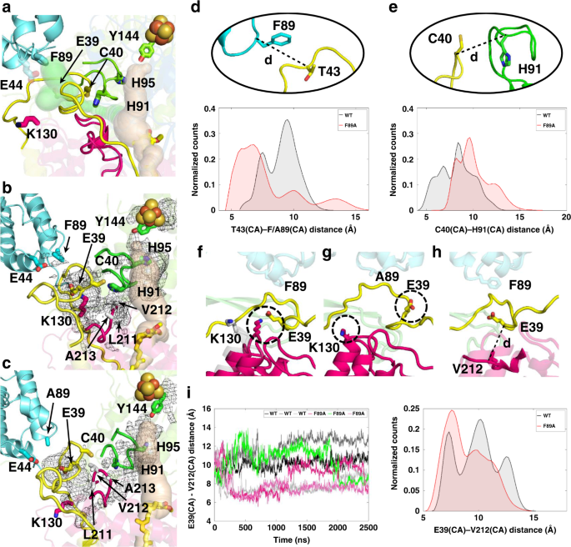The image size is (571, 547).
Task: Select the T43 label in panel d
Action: pyautogui.click(x=327, y=72)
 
